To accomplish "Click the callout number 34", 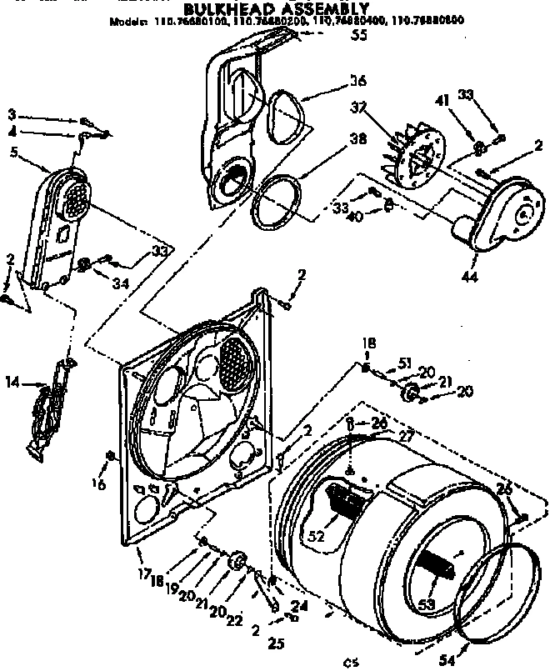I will (119, 283).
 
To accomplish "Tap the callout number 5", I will (14, 152).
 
